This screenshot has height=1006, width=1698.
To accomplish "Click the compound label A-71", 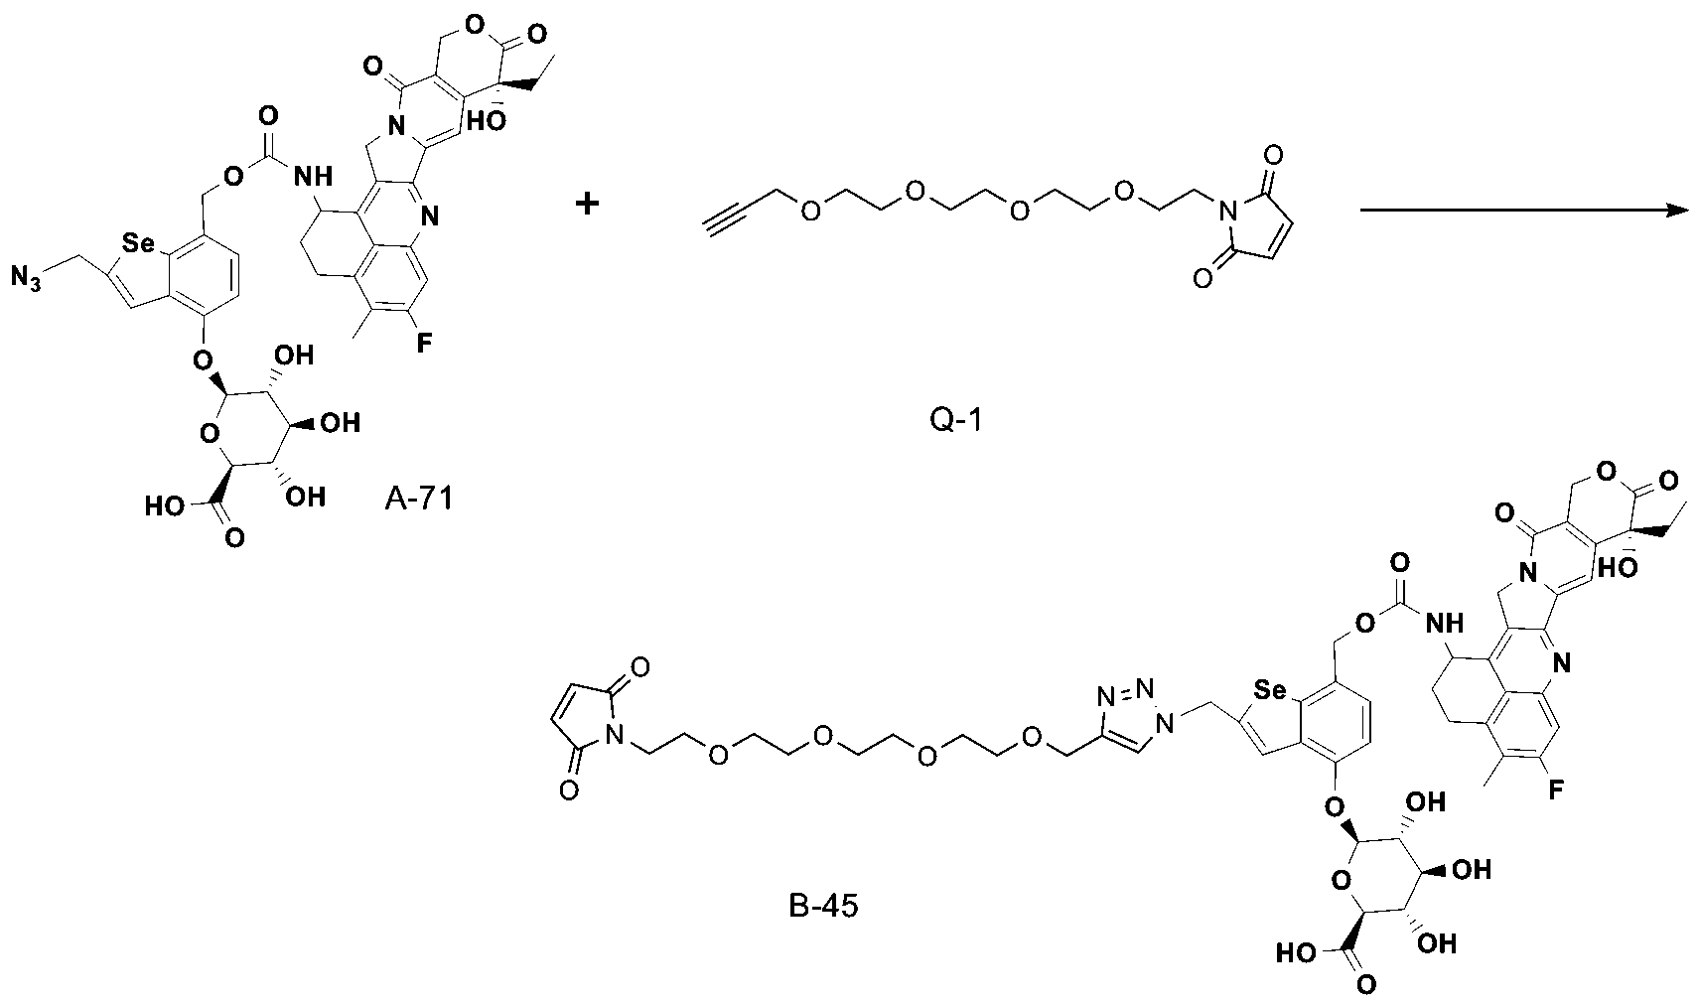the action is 419,499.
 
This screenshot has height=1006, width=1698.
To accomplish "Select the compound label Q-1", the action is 956,419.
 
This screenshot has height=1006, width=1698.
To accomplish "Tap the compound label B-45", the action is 823,906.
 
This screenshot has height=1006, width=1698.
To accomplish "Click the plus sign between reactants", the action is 588,204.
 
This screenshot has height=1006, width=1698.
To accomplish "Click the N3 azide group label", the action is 26,278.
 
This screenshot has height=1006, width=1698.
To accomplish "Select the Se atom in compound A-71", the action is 137,244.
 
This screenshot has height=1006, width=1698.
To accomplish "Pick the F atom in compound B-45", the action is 1555,790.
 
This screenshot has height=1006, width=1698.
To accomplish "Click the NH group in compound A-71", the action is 313,177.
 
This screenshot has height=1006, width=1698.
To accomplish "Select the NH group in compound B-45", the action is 1444,623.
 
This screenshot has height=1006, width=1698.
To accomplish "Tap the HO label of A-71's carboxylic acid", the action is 165,505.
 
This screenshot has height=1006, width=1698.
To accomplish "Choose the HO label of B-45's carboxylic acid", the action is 1296,953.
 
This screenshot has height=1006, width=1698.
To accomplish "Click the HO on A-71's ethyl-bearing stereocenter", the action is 486,120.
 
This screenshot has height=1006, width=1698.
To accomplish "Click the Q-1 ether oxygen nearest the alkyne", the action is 810,210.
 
